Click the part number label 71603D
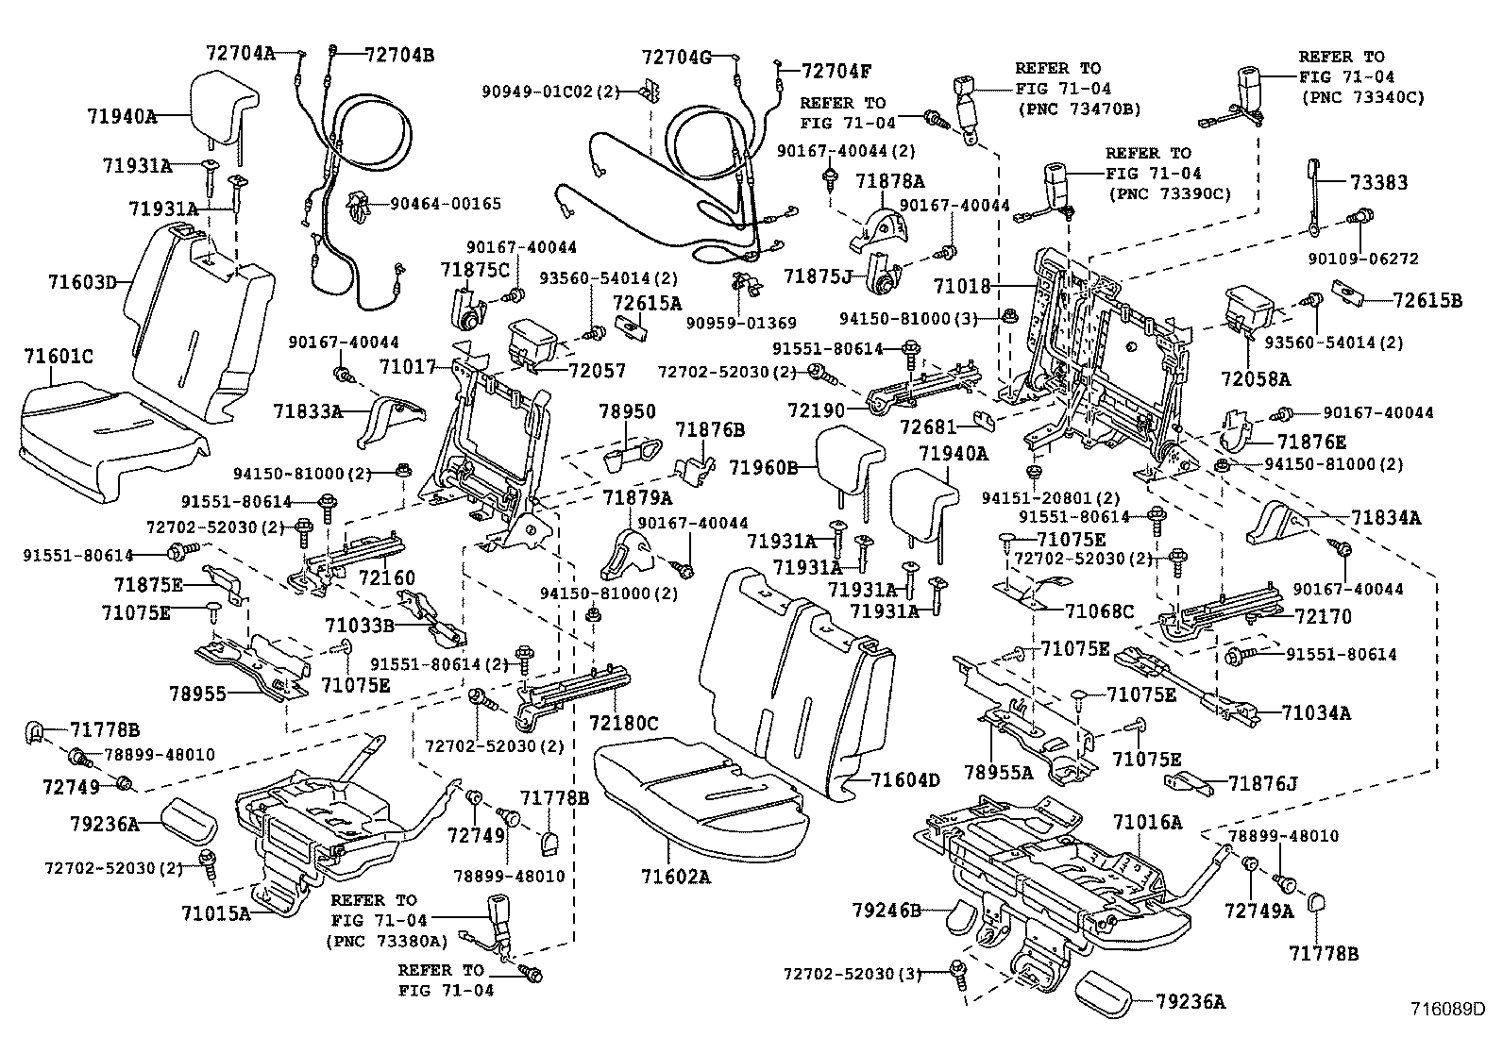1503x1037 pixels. (82, 281)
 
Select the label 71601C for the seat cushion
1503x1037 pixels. (58, 356)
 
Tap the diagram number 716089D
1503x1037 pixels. (1448, 1008)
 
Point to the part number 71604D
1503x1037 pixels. (904, 779)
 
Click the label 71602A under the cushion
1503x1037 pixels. (671, 877)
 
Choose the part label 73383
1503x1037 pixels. (1377, 183)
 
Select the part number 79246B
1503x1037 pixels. (886, 910)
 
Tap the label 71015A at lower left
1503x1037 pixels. (216, 912)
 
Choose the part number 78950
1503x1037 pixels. (627, 412)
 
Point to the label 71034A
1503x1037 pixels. (1316, 712)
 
